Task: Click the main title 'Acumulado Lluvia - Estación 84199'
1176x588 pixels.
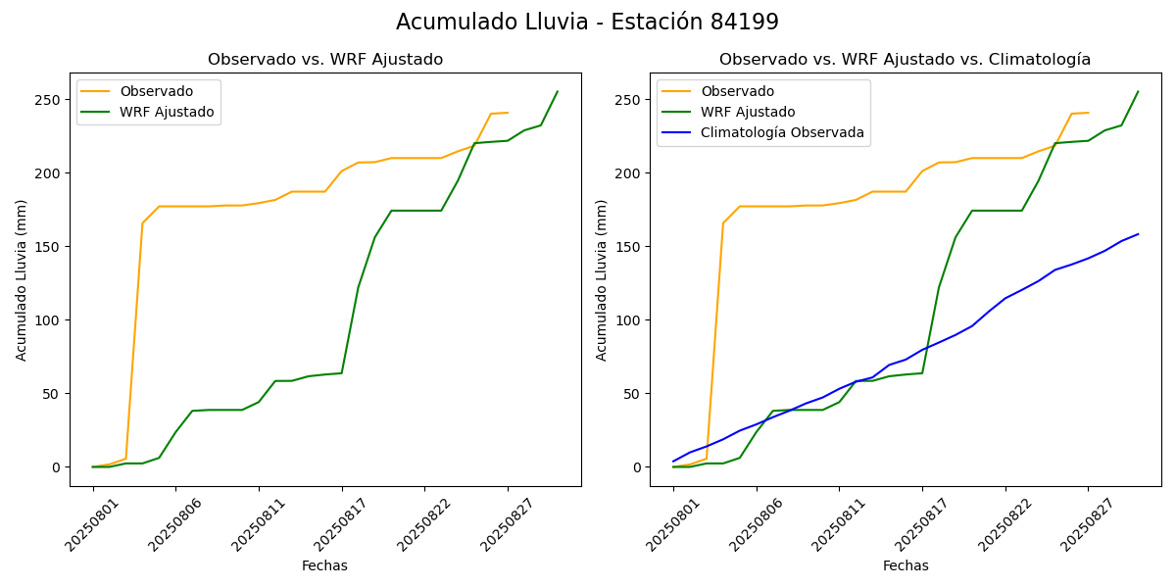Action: click(x=587, y=22)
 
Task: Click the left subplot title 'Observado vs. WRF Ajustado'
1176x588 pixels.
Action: click(x=324, y=60)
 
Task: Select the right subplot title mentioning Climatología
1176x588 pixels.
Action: click(x=905, y=60)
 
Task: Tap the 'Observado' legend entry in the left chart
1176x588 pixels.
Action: click(x=156, y=92)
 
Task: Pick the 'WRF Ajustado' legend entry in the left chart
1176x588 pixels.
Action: click(x=167, y=112)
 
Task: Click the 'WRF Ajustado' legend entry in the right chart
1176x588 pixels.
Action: click(x=747, y=112)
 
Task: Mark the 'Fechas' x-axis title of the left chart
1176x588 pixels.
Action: click(x=324, y=565)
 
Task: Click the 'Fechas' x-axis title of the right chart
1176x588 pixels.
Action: click(x=905, y=565)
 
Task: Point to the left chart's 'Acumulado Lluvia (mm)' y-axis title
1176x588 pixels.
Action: click(x=22, y=279)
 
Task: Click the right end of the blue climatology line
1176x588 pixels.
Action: click(x=1138, y=234)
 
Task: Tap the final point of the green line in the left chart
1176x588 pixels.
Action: click(x=558, y=92)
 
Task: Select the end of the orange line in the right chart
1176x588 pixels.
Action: click(x=1088, y=113)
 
